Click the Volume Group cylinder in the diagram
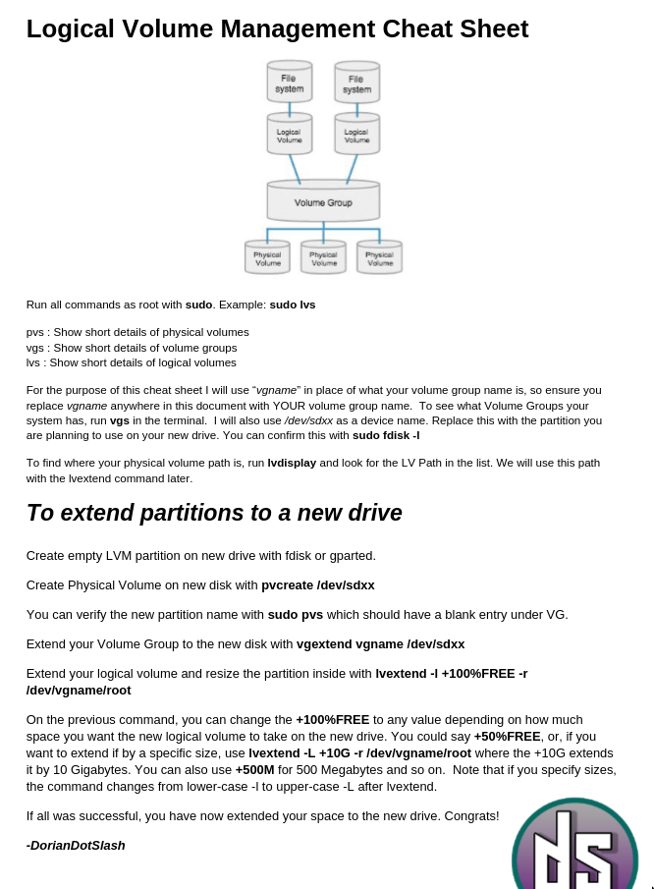click(x=323, y=201)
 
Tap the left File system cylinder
click(x=290, y=83)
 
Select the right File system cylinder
click(x=356, y=83)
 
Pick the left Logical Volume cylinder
click(x=290, y=135)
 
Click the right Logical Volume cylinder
click(x=356, y=135)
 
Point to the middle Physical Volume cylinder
click(x=323, y=257)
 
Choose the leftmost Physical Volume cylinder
click(x=267, y=257)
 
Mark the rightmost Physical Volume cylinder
click(x=379, y=257)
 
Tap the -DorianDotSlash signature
click(x=76, y=845)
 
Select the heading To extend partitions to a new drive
click(x=214, y=513)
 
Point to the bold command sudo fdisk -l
click(x=386, y=435)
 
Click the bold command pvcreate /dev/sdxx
click(x=317, y=585)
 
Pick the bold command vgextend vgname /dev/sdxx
click(x=380, y=644)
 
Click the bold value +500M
click(x=254, y=771)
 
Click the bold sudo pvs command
click(x=295, y=615)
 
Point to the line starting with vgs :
click(x=132, y=348)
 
